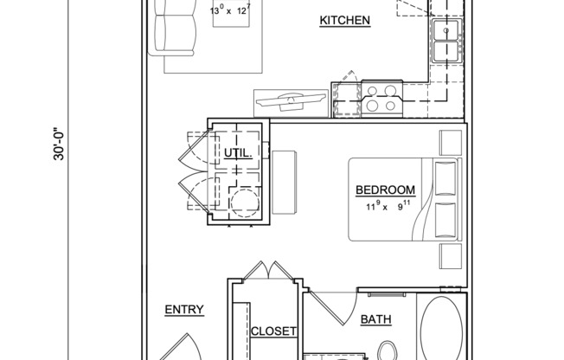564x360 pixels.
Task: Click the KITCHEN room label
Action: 345,21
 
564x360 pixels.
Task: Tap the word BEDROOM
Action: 385,190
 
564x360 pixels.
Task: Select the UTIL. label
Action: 238,153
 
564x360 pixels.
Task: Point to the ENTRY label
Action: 183,309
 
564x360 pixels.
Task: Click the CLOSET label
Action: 273,331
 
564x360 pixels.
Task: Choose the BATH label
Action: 375,320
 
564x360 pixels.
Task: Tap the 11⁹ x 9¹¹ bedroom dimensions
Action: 385,206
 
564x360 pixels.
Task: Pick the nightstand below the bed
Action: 451,255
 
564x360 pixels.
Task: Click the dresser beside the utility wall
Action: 285,172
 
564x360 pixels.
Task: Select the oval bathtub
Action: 441,330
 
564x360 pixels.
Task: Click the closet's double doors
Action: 265,271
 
